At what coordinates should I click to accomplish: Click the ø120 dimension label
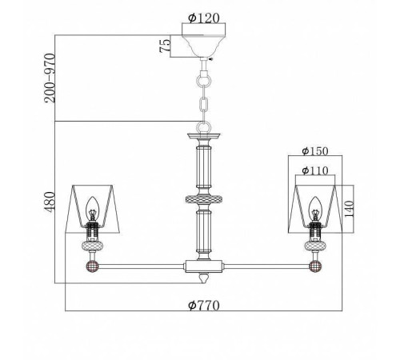tap(204, 18)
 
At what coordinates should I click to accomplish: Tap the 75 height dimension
tap(165, 46)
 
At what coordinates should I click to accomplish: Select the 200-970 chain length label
tap(50, 78)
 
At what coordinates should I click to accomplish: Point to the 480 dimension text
tap(49, 202)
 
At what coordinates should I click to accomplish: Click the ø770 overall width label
tap(204, 305)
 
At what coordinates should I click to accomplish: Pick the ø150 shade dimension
tap(315, 151)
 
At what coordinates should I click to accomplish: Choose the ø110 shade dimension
tap(315, 170)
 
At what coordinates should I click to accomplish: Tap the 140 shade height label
tap(349, 209)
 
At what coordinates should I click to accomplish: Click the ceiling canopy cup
tap(204, 46)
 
